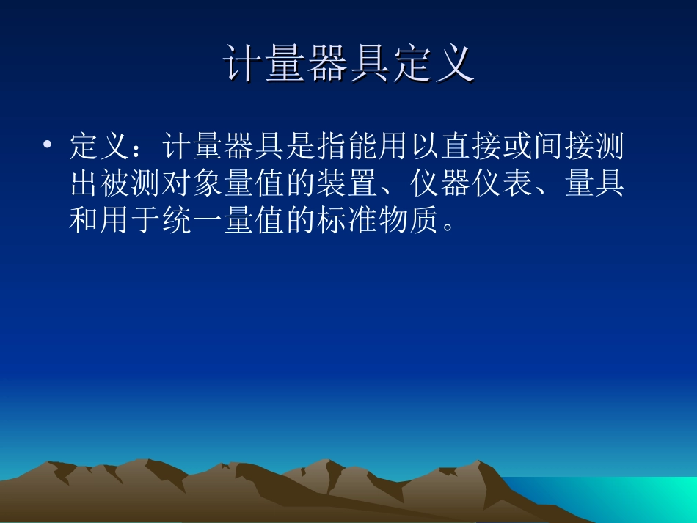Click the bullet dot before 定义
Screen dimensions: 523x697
[x=48, y=145]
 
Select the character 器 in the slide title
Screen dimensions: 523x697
[x=327, y=65]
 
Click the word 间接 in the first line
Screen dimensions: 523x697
[x=563, y=147]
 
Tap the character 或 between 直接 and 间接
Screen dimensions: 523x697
[x=517, y=147]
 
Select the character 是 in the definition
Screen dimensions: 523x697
[x=301, y=147]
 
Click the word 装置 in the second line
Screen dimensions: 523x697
[x=347, y=183]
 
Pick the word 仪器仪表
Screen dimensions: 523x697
[x=470, y=183]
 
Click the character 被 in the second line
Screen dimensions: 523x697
[x=116, y=183]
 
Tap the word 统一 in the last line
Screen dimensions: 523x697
[x=193, y=219]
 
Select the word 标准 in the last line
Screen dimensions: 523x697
[x=347, y=219]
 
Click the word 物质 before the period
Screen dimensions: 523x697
[x=409, y=219]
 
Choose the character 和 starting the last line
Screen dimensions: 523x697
[x=85, y=219]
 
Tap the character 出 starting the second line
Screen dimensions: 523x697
[x=85, y=183]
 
